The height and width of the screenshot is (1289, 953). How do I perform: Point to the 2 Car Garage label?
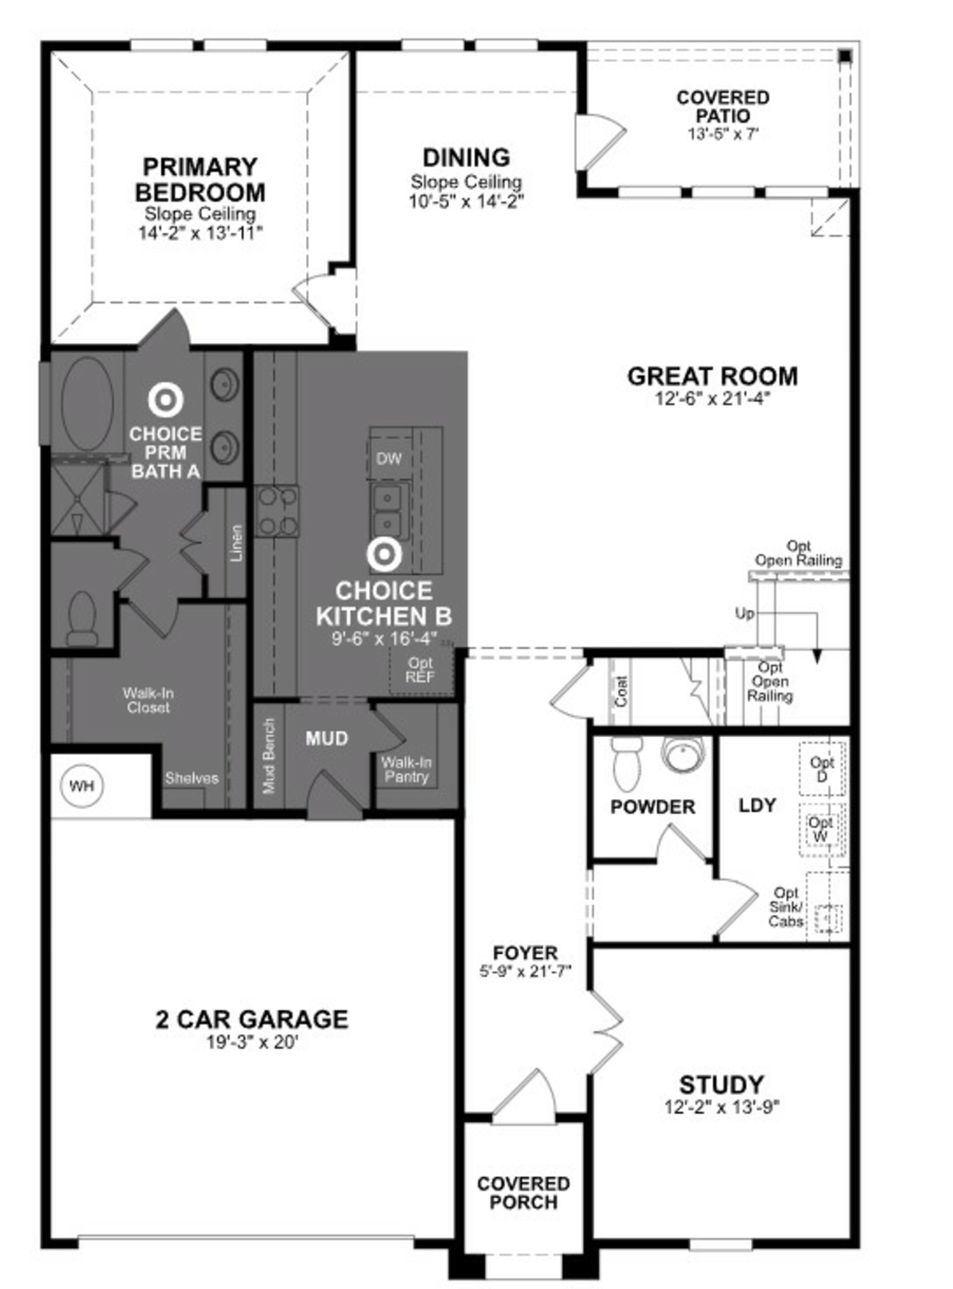[252, 1019]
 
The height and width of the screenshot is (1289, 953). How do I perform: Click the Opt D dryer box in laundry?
[822, 769]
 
